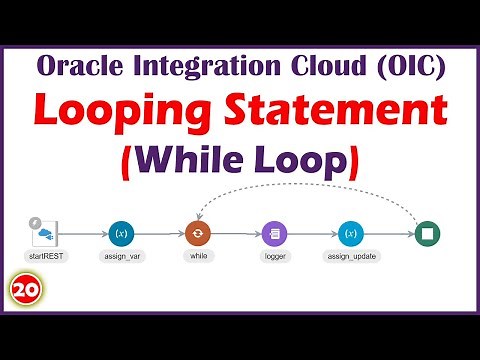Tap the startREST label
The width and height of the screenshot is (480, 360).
tap(43, 257)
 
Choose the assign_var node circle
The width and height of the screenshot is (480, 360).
tap(121, 234)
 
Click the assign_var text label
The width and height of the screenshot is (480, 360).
tap(121, 257)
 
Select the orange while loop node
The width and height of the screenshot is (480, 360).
tap(198, 234)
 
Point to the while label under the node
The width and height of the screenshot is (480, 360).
tap(198, 257)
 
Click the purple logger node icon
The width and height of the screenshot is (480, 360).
tap(275, 234)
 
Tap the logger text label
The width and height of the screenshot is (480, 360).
tap(275, 257)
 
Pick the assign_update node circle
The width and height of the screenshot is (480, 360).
tap(351, 234)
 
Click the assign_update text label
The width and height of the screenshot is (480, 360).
tap(351, 257)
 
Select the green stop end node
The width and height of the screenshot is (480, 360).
tap(428, 234)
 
